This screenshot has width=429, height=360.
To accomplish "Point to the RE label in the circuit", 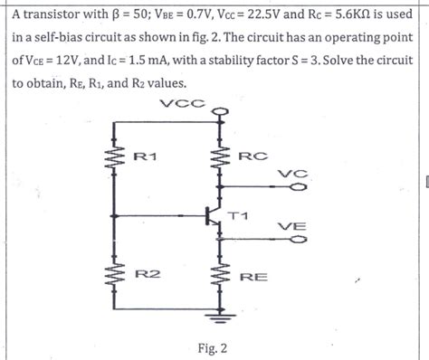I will (253, 275).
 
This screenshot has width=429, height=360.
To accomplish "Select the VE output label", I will (291, 226).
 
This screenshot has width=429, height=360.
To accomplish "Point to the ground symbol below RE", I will (217, 317).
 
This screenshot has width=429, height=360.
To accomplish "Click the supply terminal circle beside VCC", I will (217, 113).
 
